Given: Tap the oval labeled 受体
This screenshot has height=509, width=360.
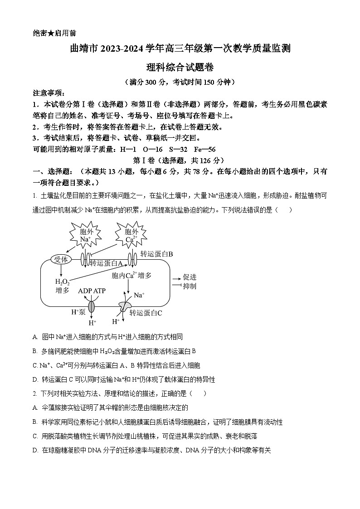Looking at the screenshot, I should (60, 259).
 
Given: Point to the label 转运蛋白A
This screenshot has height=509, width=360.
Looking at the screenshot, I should (107, 262).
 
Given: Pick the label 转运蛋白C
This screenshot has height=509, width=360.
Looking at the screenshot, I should (146, 313).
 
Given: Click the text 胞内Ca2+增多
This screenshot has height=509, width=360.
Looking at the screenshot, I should (131, 275).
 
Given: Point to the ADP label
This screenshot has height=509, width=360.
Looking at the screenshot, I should (85, 291).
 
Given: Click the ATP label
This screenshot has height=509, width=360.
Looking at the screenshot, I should (99, 291).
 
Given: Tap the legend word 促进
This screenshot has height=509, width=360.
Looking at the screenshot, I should (190, 277).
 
